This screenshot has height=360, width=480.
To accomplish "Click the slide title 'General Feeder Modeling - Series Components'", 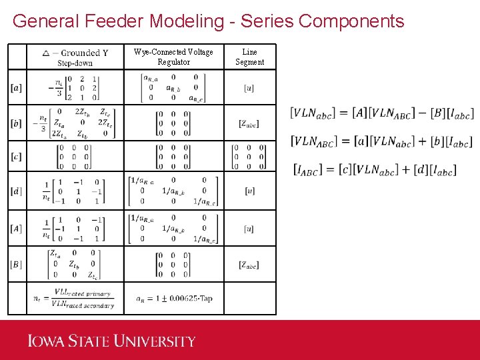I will point(208,21).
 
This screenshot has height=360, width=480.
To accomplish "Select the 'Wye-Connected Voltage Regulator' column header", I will point(173,57).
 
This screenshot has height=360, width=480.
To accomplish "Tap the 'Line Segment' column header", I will point(249,57).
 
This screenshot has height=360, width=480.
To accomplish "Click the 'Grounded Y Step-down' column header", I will point(75,57).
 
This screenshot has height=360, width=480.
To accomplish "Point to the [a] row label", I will point(17,87).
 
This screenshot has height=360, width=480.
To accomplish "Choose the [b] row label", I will point(17,123).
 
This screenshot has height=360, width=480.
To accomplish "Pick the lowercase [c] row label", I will point(17,157).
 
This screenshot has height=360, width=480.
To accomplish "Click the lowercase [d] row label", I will point(17,191).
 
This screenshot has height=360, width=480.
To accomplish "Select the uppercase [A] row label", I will point(17,229).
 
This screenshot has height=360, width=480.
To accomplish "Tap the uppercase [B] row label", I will point(17,265).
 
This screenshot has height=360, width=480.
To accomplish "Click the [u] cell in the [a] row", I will point(249,87).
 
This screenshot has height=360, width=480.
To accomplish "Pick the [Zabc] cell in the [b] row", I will point(249,123).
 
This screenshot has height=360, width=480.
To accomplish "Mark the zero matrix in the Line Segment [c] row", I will point(249,157).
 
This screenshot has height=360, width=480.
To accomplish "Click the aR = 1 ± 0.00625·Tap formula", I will point(174,298).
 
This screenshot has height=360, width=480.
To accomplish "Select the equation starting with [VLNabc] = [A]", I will point(381,113).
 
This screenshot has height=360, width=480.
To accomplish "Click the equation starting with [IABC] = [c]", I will point(375,170).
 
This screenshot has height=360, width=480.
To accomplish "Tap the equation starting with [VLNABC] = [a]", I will point(381,141).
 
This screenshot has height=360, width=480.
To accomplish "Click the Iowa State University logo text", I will point(111,341).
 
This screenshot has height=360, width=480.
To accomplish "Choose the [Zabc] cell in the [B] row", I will point(249,265).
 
